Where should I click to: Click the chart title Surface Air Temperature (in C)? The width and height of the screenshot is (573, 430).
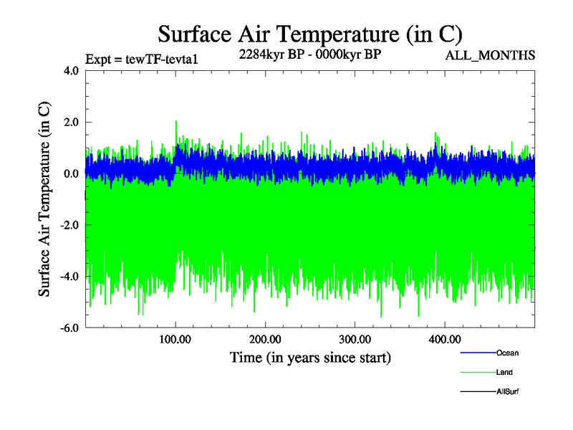click(309, 34)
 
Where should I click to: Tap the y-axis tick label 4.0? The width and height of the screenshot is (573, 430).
click(69, 71)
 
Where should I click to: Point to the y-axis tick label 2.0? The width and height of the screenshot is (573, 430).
click(69, 123)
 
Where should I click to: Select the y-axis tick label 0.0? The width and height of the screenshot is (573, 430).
click(69, 174)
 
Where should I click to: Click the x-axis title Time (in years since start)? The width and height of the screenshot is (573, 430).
click(309, 357)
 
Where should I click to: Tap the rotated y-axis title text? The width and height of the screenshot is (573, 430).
click(44, 199)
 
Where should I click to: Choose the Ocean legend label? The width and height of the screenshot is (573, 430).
click(507, 353)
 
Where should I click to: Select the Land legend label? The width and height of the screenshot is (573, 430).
click(504, 373)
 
